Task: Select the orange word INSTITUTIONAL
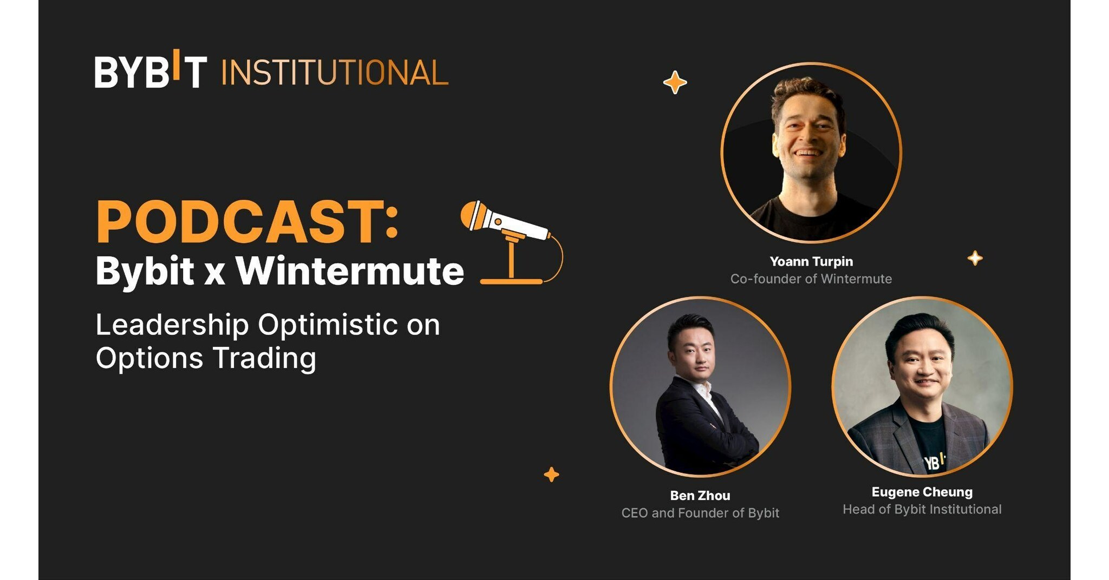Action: [335, 73]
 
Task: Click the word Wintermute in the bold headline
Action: [349, 271]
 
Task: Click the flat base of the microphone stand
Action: [511, 281]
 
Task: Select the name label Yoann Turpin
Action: [811, 262]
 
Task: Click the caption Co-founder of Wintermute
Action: [811, 279]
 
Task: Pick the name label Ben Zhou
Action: [700, 496]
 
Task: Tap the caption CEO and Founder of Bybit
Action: [700, 513]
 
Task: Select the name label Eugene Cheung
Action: [922, 492]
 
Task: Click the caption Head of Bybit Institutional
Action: [922, 510]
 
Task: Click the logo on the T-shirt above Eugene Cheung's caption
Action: [934, 462]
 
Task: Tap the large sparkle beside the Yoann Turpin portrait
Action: [675, 83]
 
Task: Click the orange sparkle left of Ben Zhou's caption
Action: [551, 474]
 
